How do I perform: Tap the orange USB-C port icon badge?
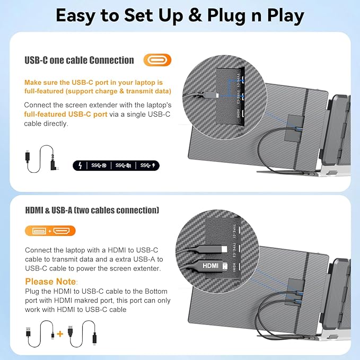157,60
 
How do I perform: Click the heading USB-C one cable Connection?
79,60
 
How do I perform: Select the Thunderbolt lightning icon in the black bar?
80,165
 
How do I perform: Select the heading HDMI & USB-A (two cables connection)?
91,210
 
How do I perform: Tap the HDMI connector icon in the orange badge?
63,231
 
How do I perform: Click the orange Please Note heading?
51,282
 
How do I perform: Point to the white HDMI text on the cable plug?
210,265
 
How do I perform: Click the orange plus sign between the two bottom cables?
59,334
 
